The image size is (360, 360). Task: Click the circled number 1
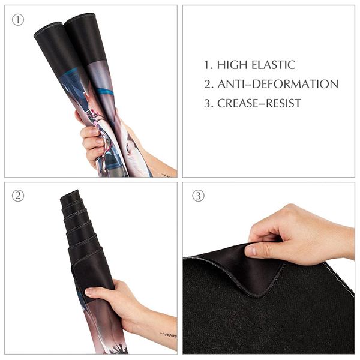18,19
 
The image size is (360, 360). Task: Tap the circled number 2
18,196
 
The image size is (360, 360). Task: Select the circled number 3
198,196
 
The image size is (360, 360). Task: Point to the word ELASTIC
274,65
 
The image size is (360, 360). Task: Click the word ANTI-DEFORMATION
278,84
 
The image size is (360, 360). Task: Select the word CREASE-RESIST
259,103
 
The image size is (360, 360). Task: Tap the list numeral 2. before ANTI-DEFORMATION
208,84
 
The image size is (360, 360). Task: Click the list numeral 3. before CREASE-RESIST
208,103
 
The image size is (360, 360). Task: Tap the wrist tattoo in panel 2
168,334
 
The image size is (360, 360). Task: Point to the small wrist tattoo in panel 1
166,175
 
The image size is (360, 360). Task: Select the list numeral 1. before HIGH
207,65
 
